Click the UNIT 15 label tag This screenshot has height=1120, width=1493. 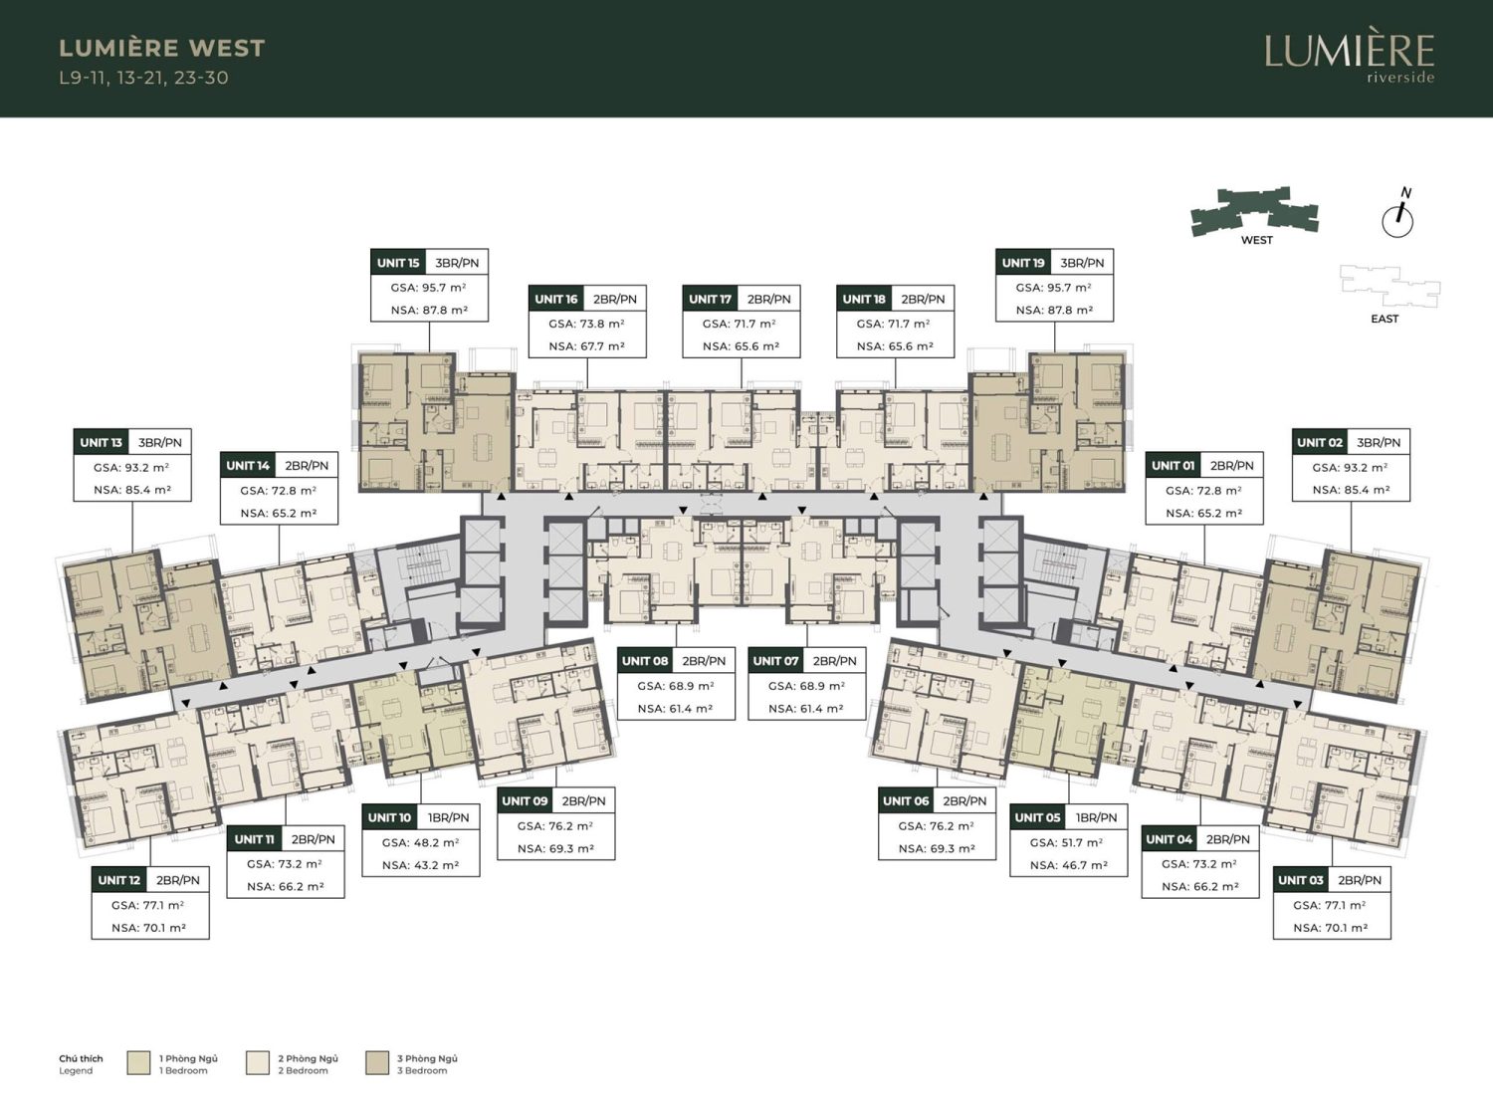pos(398,263)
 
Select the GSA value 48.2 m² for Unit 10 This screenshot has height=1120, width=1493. pos(420,842)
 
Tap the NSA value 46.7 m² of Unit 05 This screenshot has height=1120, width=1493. pos(1069,866)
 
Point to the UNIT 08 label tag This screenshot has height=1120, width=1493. pos(645,661)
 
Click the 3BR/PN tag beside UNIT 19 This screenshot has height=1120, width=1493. pos(1082,263)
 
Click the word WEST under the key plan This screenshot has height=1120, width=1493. pos(1257,240)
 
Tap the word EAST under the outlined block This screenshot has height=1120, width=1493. pos(1385,319)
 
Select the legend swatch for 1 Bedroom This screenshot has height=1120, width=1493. pos(138,1063)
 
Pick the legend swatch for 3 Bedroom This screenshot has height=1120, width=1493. pos(377,1063)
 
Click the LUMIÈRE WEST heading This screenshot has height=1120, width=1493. pos(162,48)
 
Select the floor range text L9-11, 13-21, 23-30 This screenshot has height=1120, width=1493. pos(143,78)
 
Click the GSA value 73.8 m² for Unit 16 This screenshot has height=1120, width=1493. pos(587,324)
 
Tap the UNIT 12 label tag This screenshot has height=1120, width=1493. pos(119,881)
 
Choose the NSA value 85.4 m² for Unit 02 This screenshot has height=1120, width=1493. pos(1351,490)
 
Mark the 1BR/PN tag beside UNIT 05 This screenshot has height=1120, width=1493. pos(1095,818)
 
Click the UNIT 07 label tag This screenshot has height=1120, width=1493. pos(775,661)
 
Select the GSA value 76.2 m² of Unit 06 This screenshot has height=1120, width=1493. pos(936,826)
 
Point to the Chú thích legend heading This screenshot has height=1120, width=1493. pos(81,1059)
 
